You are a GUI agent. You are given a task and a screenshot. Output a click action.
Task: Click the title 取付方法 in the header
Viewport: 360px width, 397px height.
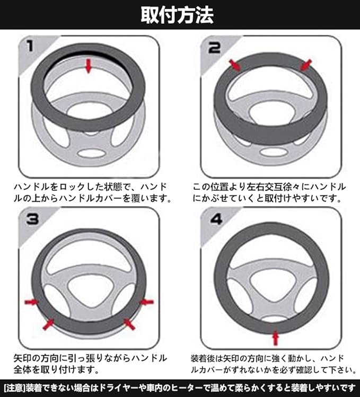point(177,15)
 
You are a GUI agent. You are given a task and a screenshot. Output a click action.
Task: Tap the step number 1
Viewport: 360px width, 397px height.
point(30,46)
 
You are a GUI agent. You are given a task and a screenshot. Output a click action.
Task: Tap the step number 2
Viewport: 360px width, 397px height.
point(214,48)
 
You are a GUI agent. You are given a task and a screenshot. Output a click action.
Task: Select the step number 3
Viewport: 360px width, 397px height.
point(33,219)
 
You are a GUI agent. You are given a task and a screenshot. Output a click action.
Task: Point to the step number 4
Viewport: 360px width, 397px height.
point(216,219)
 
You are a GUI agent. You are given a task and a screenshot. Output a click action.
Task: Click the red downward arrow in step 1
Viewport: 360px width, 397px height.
point(88,66)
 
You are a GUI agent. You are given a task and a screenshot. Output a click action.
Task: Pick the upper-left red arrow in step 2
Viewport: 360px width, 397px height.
point(235,65)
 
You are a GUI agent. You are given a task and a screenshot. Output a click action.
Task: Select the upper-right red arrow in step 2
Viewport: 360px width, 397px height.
point(305,65)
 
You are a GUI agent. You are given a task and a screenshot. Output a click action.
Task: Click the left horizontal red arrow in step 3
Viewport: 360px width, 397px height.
point(31,302)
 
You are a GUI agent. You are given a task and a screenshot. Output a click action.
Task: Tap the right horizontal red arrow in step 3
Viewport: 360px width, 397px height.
point(147,302)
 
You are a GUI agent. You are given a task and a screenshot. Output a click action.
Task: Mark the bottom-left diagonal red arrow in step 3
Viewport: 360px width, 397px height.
point(48,324)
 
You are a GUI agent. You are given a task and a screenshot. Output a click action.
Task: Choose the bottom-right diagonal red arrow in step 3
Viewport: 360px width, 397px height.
point(129,324)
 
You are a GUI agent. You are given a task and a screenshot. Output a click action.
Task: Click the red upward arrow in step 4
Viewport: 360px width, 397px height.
point(275,338)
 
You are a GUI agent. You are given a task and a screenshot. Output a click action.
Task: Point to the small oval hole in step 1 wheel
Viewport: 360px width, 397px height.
point(91,153)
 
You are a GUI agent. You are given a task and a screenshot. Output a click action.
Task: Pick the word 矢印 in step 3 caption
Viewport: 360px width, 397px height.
point(22,358)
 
